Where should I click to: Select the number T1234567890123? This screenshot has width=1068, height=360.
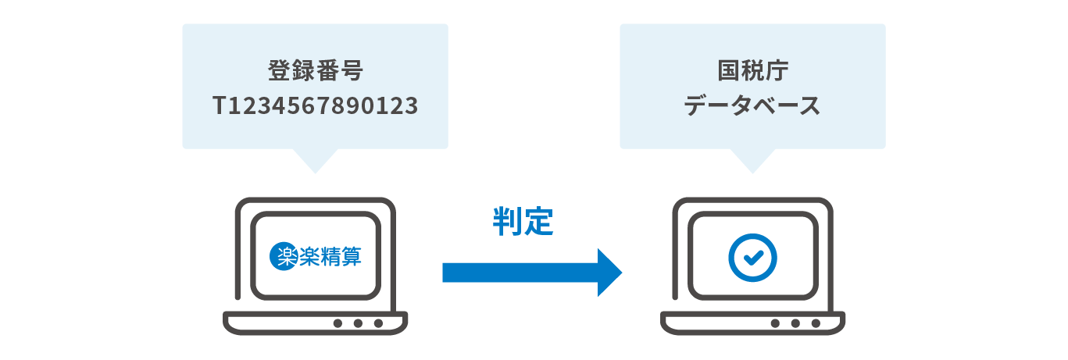[315, 106]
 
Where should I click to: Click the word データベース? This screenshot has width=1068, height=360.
[752, 106]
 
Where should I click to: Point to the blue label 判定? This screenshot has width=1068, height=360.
[523, 223]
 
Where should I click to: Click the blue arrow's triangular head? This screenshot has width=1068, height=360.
[609, 273]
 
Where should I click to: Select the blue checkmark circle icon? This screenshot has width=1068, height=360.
[752, 258]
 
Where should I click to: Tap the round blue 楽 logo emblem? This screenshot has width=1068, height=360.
[283, 258]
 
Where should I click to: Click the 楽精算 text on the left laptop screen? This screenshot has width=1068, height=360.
[330, 258]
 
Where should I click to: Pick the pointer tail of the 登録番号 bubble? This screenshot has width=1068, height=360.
[315, 159]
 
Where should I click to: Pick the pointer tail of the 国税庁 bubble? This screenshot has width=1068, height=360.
[752, 159]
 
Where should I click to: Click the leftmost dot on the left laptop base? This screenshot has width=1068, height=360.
[338, 323]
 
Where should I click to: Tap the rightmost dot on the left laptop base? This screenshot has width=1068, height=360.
[378, 323]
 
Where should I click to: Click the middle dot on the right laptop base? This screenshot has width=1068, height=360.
[795, 323]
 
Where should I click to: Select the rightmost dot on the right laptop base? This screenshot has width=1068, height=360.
[816, 323]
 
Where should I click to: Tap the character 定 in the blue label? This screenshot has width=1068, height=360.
[538, 223]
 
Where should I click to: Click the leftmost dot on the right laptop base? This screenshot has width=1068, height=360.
[775, 323]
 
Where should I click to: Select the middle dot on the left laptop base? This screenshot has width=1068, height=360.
[358, 323]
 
